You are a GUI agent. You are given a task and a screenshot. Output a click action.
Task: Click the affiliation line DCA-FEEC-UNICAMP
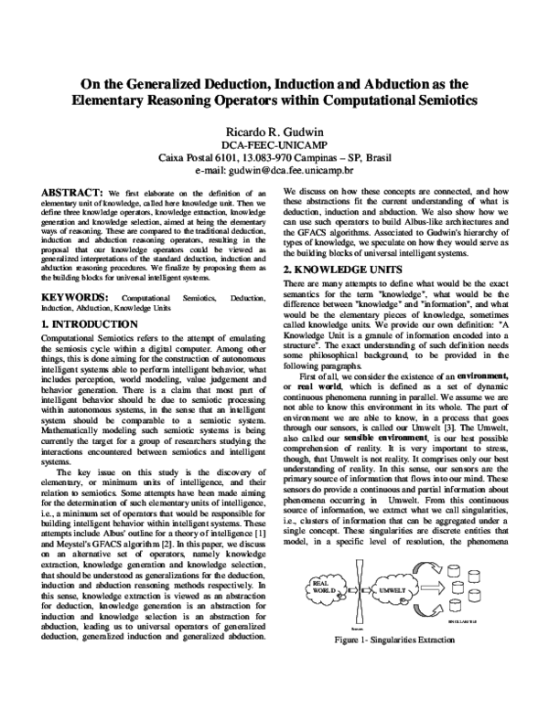point(275,143)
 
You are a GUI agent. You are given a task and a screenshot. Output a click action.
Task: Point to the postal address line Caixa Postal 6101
point(275,157)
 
